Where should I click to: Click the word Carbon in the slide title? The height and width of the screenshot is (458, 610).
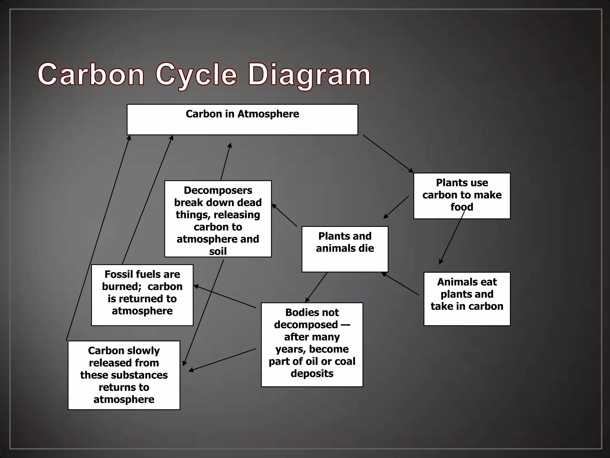click(91, 75)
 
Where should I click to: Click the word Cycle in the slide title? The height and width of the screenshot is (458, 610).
click(196, 75)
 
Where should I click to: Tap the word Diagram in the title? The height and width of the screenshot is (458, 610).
click(309, 75)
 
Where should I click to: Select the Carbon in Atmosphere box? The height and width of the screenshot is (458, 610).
click(242, 120)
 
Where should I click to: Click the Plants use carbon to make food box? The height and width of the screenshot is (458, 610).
click(462, 196)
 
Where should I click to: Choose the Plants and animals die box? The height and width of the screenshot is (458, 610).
click(345, 249)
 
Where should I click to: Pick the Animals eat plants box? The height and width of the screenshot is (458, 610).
click(467, 298)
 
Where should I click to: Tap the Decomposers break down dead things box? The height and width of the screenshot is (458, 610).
click(218, 219)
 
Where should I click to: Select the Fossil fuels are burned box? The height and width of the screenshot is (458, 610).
click(142, 295)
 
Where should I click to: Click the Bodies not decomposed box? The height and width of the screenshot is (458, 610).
click(312, 344)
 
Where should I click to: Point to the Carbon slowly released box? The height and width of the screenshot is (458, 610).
click(124, 375)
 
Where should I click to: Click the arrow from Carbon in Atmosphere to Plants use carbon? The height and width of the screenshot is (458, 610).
click(388, 154)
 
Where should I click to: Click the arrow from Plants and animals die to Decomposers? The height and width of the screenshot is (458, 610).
click(284, 215)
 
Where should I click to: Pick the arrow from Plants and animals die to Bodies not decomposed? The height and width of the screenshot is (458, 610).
click(316, 287)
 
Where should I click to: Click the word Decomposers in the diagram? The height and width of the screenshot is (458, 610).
click(218, 190)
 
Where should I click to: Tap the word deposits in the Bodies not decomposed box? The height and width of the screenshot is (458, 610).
click(312, 373)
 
